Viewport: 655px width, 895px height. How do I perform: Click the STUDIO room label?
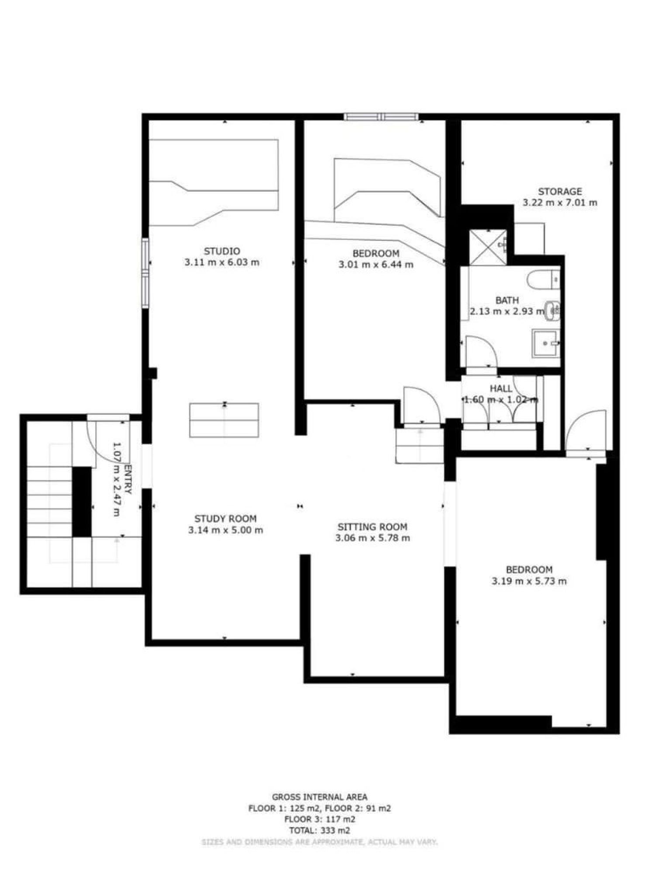tap(222, 251)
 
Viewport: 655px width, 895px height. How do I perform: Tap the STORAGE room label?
tap(560, 191)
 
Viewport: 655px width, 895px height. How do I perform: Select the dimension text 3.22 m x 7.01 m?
tap(560, 203)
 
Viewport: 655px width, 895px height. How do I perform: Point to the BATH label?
tap(507, 300)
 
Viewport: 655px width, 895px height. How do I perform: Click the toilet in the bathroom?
tap(543, 280)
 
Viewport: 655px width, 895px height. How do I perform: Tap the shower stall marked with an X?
tap(488, 247)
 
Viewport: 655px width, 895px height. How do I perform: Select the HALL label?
tap(501, 389)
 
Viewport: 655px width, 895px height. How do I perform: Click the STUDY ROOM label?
tap(225, 519)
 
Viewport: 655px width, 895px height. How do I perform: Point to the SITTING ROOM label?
tap(372, 527)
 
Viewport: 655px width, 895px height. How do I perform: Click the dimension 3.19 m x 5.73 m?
tap(529, 581)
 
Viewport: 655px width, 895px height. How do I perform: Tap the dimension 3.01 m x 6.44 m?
tap(376, 264)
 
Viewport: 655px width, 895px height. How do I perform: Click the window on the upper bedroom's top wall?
tap(381, 117)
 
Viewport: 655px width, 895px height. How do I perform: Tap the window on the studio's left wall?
tap(145, 273)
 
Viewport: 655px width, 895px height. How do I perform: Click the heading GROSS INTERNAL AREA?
tap(320, 797)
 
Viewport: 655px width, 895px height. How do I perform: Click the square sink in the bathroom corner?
tap(545, 343)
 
